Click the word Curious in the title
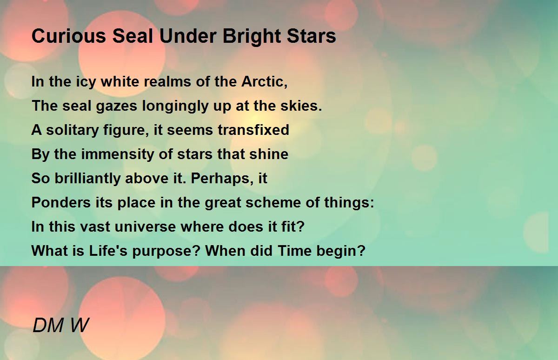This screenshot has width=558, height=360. click(69, 36)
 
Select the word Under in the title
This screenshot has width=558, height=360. click(188, 36)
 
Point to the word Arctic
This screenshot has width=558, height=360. click(264, 81)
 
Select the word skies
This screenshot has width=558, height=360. click(301, 106)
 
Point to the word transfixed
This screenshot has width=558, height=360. click(253, 130)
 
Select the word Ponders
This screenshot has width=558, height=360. click(61, 202)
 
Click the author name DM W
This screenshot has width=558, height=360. click(60, 325)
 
